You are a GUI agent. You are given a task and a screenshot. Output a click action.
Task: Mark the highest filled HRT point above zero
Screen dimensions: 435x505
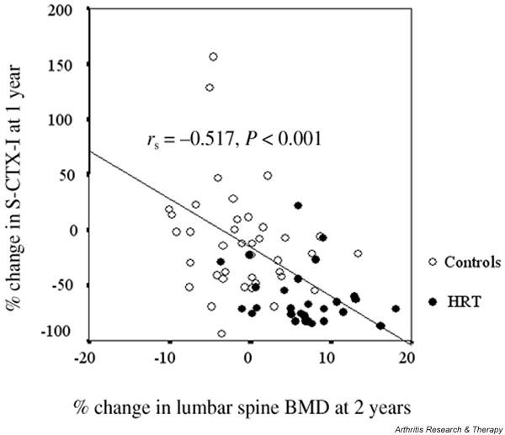coord(298,205)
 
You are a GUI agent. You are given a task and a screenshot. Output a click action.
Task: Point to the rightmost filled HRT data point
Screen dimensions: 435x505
coord(396,309)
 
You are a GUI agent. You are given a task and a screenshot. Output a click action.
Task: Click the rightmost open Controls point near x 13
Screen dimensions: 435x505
coord(358,253)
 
